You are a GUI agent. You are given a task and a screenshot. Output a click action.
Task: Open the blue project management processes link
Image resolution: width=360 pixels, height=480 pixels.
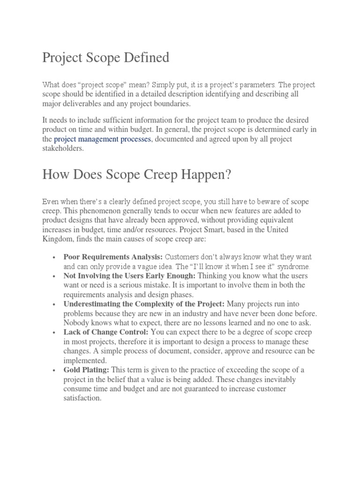[x=103, y=139]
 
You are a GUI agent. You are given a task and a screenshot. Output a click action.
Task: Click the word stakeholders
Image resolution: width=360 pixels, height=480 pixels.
[x=63, y=148]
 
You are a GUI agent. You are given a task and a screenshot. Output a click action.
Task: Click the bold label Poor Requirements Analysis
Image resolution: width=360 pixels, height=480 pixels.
[x=113, y=257]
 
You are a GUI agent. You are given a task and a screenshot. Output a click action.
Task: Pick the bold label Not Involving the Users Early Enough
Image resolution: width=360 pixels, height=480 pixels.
[x=129, y=276]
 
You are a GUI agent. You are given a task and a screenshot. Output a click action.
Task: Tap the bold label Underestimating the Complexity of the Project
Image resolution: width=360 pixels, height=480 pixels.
[x=144, y=304]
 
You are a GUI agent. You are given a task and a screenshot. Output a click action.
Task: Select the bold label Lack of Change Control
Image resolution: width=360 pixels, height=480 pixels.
[x=106, y=332]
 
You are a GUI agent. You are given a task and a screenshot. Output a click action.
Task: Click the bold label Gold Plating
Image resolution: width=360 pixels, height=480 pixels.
[x=86, y=370]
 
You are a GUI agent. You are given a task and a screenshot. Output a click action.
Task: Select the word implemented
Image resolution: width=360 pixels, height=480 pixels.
[x=85, y=360]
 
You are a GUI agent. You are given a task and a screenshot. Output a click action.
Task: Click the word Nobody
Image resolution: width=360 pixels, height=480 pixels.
[x=75, y=322]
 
